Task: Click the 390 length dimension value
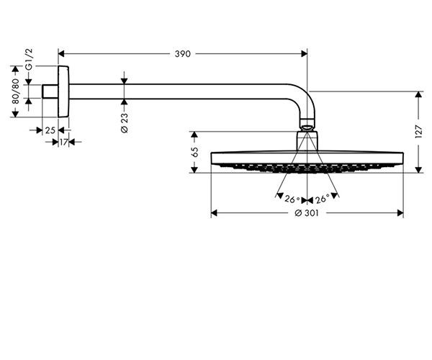[x=183, y=53]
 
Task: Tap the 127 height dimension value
[x=418, y=132]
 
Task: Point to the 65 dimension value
[x=194, y=152]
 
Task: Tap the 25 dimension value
[x=49, y=130]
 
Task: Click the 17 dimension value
[x=63, y=142]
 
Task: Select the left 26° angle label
[x=292, y=199]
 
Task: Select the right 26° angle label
[x=323, y=199]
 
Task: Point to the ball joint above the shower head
[x=307, y=129]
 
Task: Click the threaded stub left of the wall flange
[x=50, y=91]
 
